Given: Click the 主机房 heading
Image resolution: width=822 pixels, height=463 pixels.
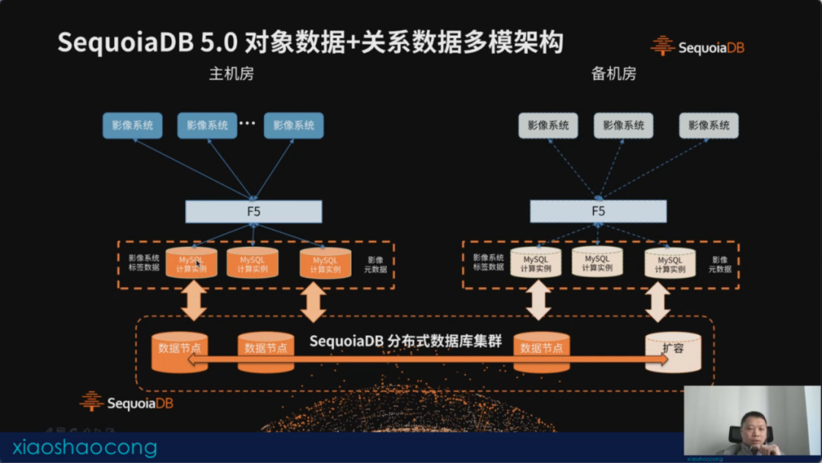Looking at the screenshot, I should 231,74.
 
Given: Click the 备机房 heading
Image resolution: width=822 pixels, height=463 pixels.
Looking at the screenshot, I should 613,74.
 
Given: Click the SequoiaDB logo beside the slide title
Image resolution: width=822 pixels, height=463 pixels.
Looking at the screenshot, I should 697,46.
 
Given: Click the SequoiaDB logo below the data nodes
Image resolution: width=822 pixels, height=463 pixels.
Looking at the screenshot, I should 126,401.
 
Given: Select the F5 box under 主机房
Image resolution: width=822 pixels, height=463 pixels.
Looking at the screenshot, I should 253,211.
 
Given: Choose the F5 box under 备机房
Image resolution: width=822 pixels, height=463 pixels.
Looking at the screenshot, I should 598,211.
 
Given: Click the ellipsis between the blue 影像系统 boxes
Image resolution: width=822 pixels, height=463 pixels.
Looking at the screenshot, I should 247,123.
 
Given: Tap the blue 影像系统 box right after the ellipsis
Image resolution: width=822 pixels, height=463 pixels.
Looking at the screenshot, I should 294,126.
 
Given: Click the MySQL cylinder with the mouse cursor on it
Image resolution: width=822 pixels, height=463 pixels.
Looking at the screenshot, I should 191,263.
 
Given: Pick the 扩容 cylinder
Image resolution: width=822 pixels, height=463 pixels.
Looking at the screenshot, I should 672,353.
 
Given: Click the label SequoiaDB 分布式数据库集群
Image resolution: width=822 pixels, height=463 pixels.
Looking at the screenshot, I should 406,340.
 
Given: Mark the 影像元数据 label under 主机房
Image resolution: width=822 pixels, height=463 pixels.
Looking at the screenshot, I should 376,264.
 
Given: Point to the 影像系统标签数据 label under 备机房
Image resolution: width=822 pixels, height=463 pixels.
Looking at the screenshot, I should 488,263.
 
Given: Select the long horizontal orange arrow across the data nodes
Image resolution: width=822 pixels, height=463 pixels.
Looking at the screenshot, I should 426,359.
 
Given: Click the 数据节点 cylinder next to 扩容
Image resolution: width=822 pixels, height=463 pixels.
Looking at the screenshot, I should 541,350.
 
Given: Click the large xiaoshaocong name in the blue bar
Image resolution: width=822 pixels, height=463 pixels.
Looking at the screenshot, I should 84,448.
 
